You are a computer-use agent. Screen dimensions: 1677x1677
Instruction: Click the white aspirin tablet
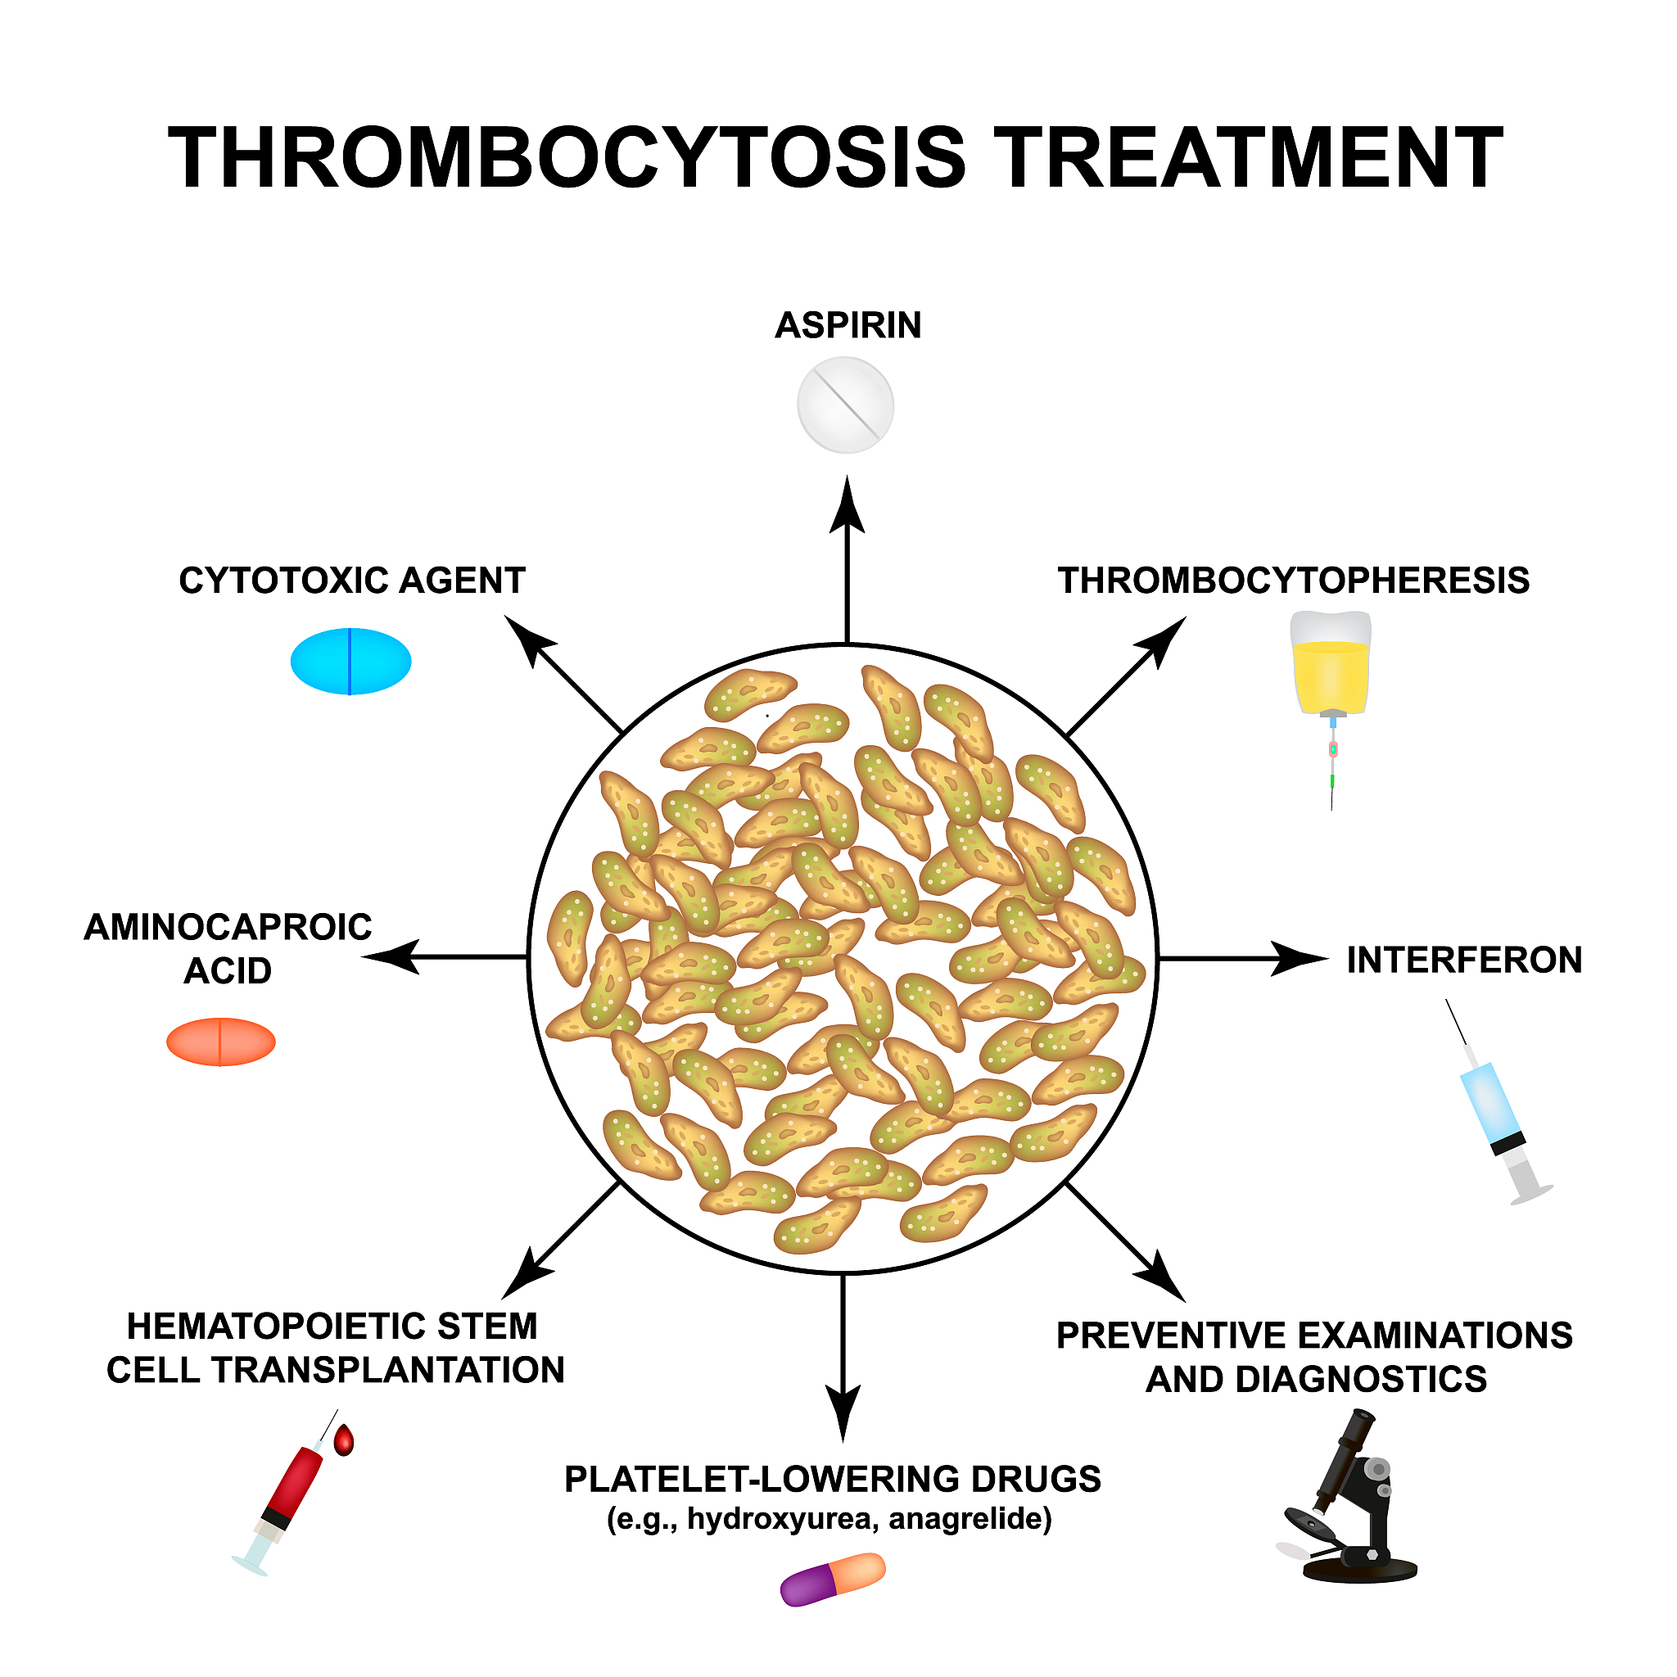[844, 405]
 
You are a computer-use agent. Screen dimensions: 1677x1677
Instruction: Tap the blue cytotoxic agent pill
[350, 662]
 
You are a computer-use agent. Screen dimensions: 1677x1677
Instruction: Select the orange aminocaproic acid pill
[220, 1042]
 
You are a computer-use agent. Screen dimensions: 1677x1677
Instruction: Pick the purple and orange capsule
[833, 1579]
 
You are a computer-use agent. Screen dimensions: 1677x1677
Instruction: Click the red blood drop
[345, 1441]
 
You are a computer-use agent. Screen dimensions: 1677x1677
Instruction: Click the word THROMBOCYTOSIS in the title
[566, 158]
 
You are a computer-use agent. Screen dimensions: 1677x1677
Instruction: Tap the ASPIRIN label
[848, 326]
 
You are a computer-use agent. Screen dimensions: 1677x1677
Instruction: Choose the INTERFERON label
[1463, 960]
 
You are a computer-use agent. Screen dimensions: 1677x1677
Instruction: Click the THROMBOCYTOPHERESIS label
[1292, 581]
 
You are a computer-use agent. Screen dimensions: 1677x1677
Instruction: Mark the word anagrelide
[969, 1518]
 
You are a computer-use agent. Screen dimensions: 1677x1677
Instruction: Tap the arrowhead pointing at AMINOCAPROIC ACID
[391, 956]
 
